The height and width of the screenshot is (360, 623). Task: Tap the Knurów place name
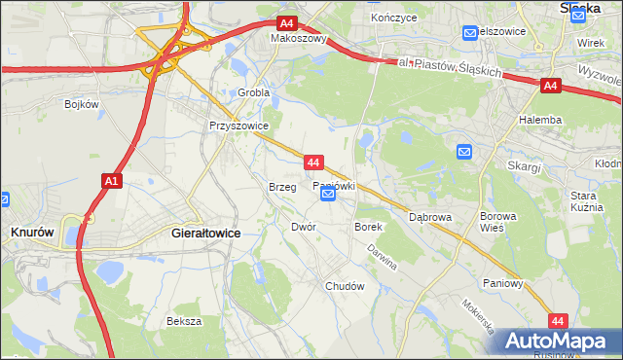[x=30, y=234]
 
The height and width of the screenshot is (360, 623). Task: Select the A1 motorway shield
[x=110, y=181]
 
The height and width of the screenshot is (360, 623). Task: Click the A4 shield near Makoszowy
[x=285, y=23]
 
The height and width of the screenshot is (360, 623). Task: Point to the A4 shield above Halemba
[x=550, y=86]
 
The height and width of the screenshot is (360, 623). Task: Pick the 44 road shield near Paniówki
[x=312, y=162]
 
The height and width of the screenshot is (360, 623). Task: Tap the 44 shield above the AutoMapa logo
[x=558, y=320]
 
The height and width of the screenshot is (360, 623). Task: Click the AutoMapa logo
[x=556, y=342]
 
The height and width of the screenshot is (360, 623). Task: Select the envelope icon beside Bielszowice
[x=470, y=32]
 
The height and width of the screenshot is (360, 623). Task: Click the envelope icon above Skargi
[x=464, y=151]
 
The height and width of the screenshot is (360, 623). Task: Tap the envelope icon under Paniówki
[x=328, y=195]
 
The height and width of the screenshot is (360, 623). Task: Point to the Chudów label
[x=345, y=287]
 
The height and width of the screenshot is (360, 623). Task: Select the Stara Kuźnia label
[x=589, y=201]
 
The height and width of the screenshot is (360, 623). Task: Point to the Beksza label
[x=184, y=321]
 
